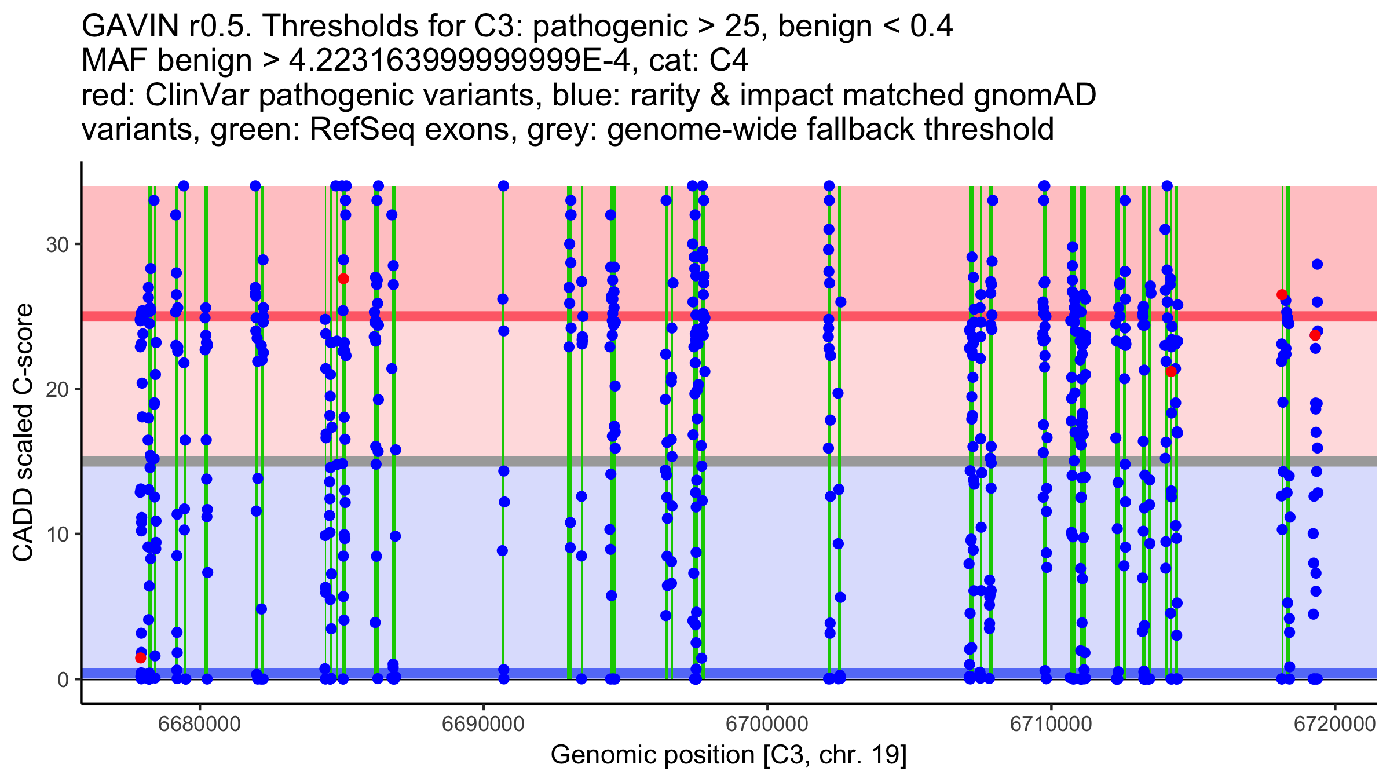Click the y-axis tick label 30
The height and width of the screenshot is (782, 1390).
click(x=57, y=244)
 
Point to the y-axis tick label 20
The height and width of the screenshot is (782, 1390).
click(x=57, y=389)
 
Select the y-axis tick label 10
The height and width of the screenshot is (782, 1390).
click(x=57, y=534)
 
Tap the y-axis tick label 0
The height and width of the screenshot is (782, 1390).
click(x=63, y=679)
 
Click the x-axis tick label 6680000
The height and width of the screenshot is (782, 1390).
click(x=200, y=724)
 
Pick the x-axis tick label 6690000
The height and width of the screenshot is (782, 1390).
click(x=484, y=724)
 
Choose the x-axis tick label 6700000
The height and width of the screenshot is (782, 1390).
click(x=767, y=724)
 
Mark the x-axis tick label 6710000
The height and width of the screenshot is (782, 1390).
click(x=1051, y=724)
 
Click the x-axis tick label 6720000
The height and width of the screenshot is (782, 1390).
click(x=1334, y=724)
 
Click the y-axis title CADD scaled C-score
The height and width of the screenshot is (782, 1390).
click(x=23, y=433)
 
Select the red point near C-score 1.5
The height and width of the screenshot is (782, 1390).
click(x=140, y=657)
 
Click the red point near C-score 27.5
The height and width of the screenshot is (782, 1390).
click(x=343, y=279)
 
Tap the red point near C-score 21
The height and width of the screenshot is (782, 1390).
click(x=1171, y=371)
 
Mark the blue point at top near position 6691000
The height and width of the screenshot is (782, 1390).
click(x=503, y=186)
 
